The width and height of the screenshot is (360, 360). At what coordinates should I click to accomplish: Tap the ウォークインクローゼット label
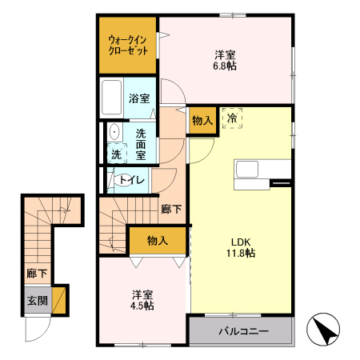(x=128, y=44)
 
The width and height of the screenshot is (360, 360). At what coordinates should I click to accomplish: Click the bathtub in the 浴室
(x=110, y=98)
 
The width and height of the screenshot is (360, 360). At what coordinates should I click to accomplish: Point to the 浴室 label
(x=139, y=99)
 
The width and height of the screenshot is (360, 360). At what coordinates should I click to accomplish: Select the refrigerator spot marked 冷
(x=232, y=118)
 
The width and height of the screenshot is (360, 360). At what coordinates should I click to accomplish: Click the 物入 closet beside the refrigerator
(x=202, y=121)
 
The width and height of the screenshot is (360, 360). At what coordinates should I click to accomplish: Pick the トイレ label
(x=131, y=180)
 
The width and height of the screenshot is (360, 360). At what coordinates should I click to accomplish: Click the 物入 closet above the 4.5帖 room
(x=157, y=240)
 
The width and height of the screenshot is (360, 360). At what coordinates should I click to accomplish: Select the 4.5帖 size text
(x=142, y=306)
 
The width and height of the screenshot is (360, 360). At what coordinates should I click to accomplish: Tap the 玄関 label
(x=37, y=302)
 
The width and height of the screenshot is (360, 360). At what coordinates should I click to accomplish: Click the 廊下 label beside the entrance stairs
(x=37, y=274)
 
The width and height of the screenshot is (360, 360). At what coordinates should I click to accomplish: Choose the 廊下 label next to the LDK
(x=170, y=210)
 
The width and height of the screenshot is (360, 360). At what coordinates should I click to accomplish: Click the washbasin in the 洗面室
(x=114, y=133)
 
